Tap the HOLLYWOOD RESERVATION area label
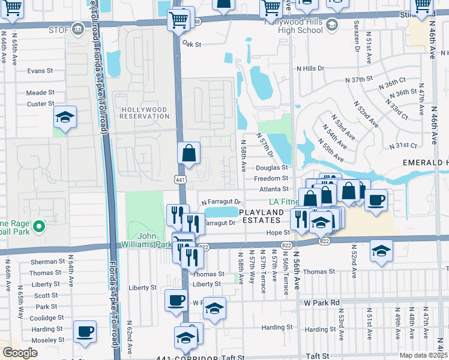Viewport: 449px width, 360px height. [144, 113]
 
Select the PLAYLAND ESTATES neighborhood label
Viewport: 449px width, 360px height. [264, 217]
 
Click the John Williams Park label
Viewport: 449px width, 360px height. [147, 240]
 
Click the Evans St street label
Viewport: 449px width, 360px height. [40, 71]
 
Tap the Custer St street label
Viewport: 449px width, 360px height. [40, 104]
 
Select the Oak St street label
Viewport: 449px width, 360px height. [191, 44]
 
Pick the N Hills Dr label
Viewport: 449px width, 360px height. [310, 68]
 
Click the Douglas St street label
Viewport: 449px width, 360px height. [273, 169]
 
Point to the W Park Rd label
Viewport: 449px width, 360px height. [322, 302]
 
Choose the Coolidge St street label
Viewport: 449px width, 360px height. [46, 318]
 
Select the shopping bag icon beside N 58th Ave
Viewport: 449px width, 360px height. [188, 154]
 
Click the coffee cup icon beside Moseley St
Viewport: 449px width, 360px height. [85, 331]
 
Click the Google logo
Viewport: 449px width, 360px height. [20, 352]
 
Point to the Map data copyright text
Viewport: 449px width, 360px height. [424, 355]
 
